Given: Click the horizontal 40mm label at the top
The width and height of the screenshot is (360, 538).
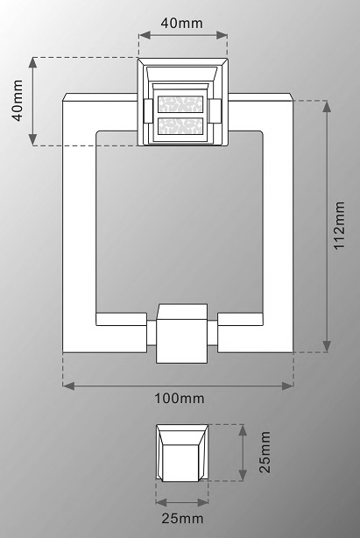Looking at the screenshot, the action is click(181, 23).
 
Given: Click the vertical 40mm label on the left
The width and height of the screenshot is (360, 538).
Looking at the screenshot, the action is click(18, 100).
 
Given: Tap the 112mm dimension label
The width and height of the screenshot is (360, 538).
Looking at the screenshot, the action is click(339, 226).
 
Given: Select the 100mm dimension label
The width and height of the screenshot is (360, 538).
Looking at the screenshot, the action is click(180, 399).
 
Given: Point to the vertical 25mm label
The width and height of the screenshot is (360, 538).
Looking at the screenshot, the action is click(265, 452).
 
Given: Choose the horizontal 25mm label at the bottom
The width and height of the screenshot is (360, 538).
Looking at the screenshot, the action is click(182, 519).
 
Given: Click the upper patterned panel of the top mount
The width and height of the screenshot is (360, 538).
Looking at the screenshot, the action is click(180, 104).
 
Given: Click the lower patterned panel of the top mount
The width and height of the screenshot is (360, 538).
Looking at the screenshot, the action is click(180, 126).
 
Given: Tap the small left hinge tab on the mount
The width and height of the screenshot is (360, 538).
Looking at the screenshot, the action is click(148, 110).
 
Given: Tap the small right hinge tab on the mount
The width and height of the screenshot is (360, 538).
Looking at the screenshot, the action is click(215, 110).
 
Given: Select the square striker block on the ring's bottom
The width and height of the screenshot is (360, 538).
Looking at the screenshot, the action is click(181, 334).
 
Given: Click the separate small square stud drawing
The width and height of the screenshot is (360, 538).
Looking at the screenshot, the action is click(182, 452).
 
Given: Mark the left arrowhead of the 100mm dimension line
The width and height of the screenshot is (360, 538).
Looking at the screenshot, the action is click(68, 386).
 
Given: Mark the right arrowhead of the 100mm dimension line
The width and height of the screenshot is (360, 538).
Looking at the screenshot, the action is click(287, 386).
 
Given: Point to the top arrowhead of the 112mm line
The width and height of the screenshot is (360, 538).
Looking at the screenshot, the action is click(327, 106).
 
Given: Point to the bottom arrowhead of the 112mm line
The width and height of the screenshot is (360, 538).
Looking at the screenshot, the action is click(327, 346).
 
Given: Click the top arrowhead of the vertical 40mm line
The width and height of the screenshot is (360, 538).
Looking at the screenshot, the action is click(33, 63).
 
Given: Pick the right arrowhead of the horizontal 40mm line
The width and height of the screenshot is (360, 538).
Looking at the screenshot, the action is click(222, 35).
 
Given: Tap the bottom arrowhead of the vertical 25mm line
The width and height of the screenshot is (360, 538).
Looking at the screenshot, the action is click(243, 475).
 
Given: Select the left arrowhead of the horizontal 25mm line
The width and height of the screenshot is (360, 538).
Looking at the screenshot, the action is click(161, 502).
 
